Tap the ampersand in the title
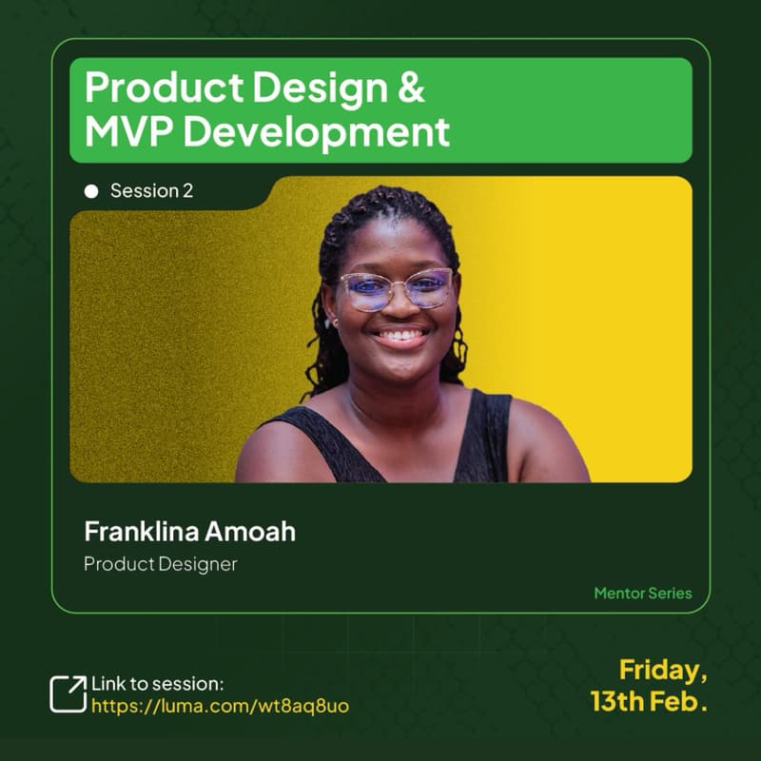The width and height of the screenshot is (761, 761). coord(408,88)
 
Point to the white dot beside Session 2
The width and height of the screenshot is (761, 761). coord(91,191)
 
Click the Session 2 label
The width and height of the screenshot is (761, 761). coord(151,191)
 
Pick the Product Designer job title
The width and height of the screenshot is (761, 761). coord(160,564)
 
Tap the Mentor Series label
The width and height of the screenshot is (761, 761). coord(643,594)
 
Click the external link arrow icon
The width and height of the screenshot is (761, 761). coord(68,693)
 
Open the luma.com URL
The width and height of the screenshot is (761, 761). coord(220,707)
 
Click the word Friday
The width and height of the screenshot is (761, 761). coord(663,671)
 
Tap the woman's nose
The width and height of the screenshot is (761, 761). coord(400,306)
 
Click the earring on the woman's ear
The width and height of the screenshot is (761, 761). coord(334,322)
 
